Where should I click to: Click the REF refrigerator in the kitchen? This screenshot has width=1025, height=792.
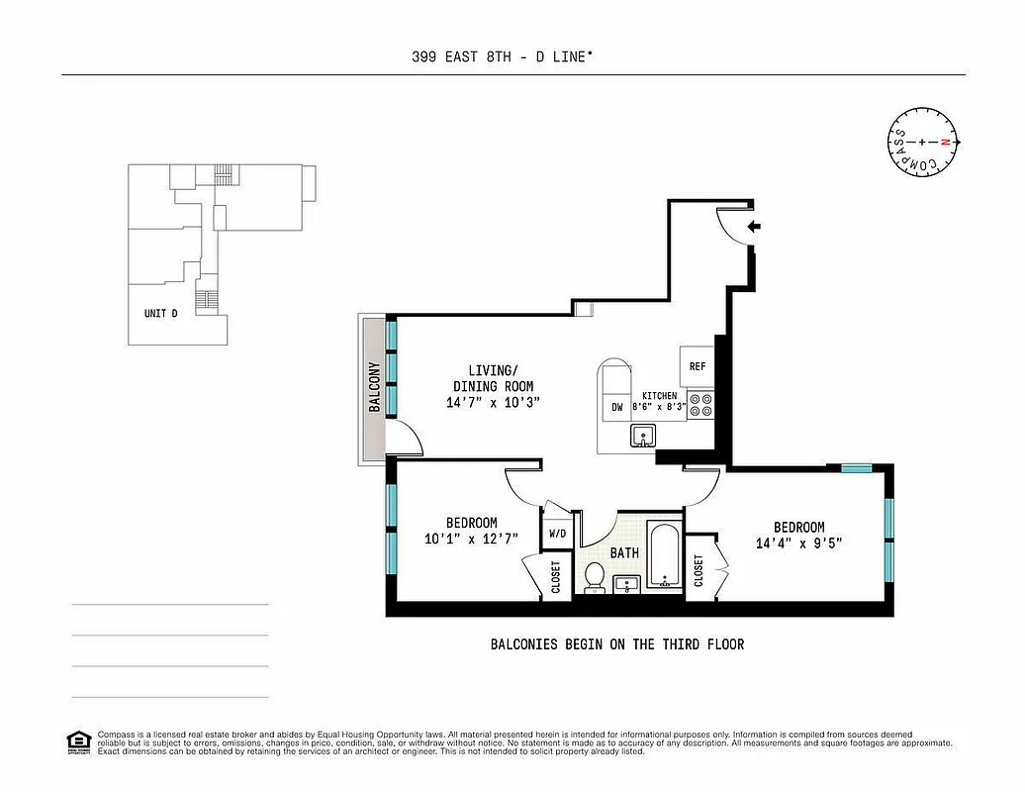(698, 366)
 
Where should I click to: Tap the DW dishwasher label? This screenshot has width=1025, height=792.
(616, 407)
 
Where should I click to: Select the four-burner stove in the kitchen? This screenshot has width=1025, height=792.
(700, 405)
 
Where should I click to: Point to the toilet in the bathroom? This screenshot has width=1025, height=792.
(595, 577)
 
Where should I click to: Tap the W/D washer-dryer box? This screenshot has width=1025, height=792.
(558, 534)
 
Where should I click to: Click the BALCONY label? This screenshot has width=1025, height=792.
(375, 388)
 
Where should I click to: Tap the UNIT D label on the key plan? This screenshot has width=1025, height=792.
(160, 314)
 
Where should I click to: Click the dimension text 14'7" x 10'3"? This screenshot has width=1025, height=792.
(493, 403)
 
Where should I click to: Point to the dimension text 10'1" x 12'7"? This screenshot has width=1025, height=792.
(471, 540)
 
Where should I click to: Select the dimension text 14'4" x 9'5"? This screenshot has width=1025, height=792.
(798, 544)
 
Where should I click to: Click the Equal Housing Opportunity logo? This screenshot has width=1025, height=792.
(78, 742)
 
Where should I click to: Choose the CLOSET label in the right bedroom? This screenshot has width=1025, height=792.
(699, 570)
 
